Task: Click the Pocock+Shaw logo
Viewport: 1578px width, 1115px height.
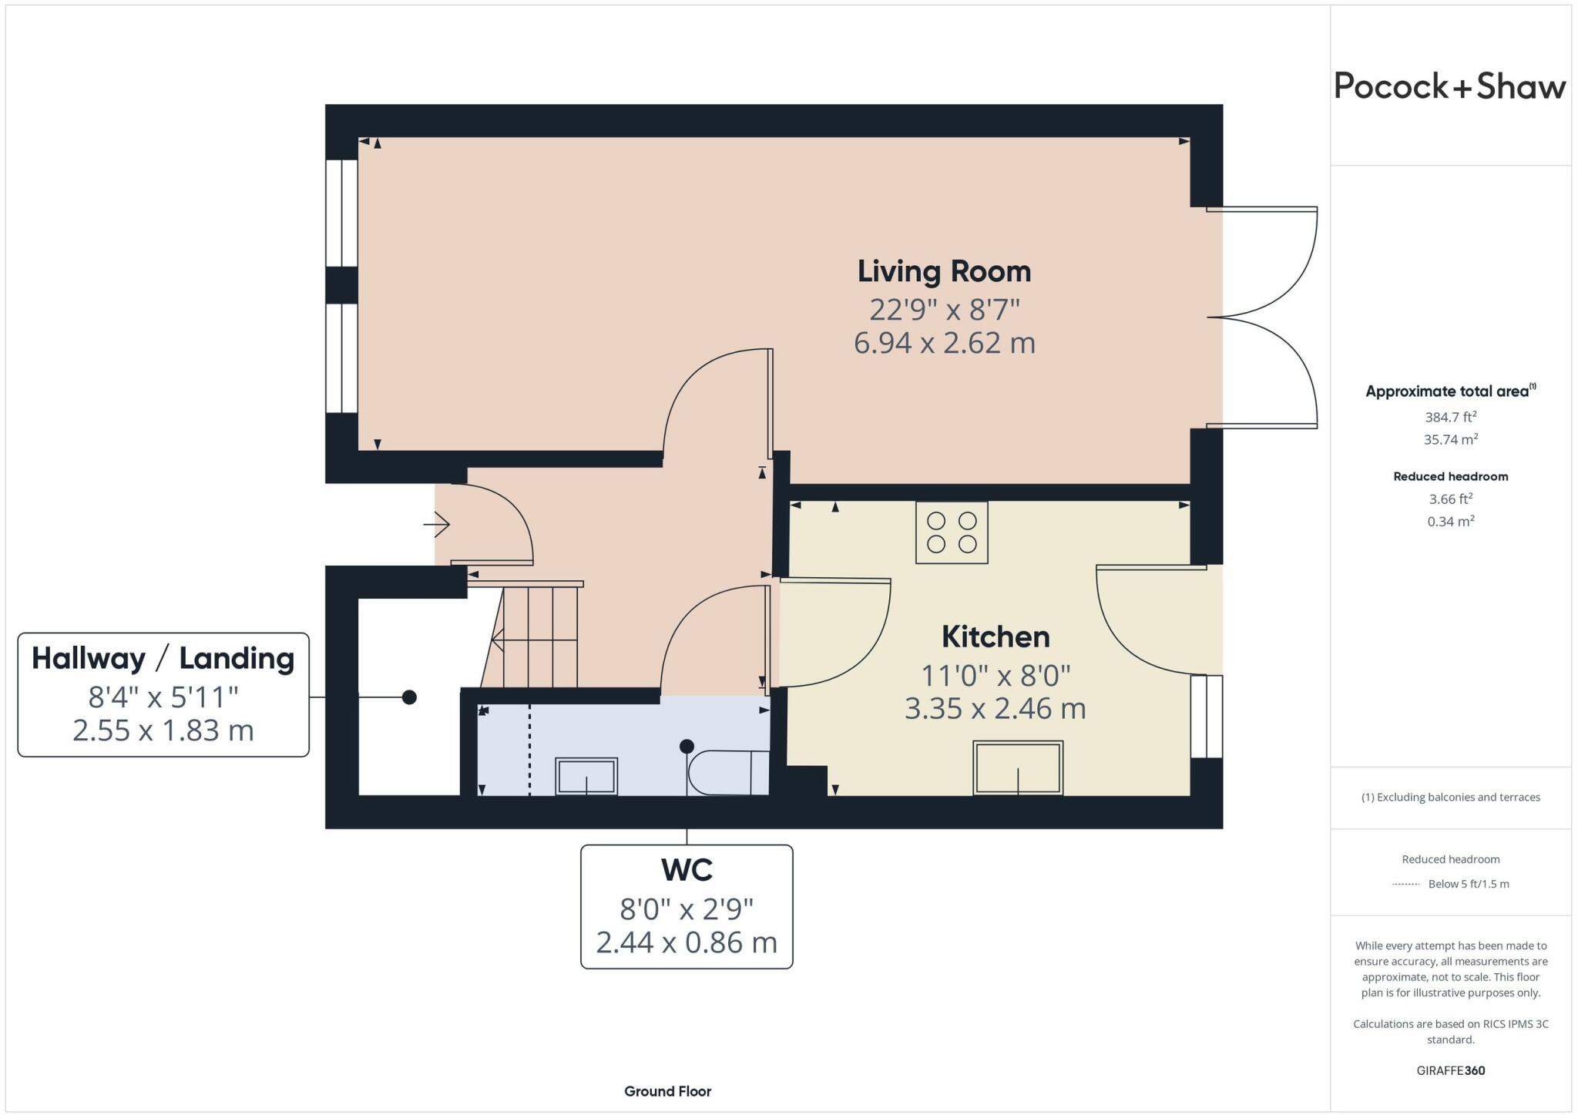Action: tap(1449, 86)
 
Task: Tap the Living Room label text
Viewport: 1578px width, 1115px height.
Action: tap(944, 271)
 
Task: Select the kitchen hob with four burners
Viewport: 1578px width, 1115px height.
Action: tap(952, 532)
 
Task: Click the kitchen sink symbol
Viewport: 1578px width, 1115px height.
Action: tap(1018, 768)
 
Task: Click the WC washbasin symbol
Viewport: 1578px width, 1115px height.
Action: tap(586, 776)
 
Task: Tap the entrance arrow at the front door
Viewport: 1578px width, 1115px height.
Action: tap(437, 525)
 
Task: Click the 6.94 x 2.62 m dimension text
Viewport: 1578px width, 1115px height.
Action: tap(944, 343)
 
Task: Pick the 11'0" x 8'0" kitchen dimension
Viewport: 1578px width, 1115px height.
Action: tap(995, 676)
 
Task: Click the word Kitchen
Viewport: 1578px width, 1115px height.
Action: tap(995, 636)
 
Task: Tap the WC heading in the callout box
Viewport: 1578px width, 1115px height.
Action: tap(687, 870)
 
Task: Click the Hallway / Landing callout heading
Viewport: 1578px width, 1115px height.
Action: tap(163, 658)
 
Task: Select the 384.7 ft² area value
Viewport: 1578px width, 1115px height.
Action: tap(1450, 417)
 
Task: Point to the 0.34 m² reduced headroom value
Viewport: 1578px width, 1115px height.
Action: tap(1450, 522)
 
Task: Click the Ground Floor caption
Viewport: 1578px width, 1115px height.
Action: tap(667, 1091)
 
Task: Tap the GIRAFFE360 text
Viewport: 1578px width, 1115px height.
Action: tap(1450, 1070)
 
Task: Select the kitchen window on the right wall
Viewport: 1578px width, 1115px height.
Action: tap(1206, 717)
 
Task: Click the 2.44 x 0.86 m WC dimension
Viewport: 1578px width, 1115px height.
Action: tap(687, 942)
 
